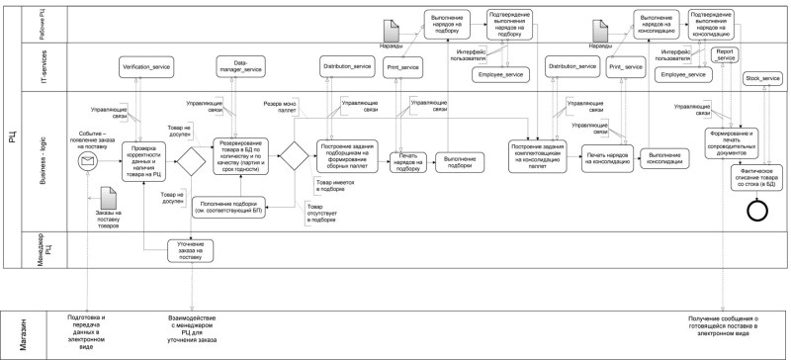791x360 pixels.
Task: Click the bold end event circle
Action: pos(757,210)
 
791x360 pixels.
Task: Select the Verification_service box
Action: pos(148,66)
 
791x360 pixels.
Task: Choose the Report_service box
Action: pos(726,52)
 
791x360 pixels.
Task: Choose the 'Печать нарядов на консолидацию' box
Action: pos(605,158)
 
